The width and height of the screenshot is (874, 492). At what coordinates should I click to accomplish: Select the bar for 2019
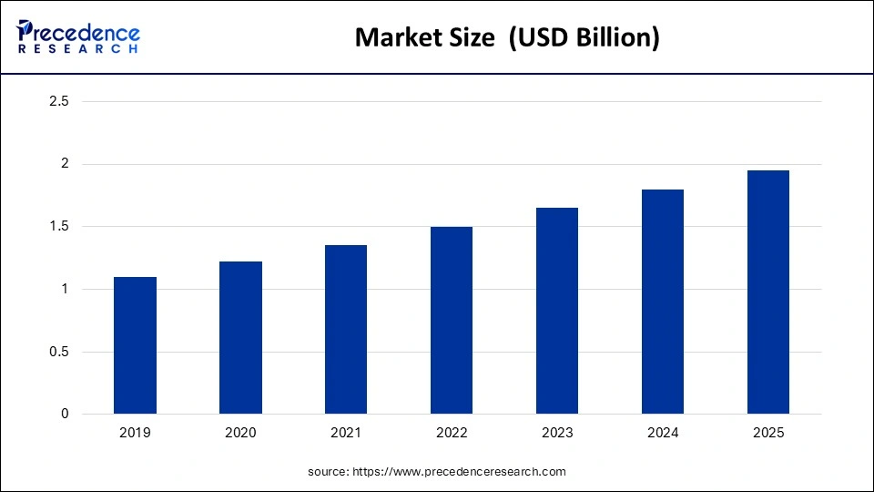click(135, 345)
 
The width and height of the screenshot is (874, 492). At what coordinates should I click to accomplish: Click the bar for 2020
click(240, 338)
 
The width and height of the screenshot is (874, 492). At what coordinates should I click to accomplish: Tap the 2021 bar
click(346, 329)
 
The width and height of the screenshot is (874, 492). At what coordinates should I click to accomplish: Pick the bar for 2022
click(452, 320)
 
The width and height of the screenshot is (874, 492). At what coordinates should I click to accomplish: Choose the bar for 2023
click(557, 311)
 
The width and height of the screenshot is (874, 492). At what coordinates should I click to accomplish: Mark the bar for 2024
click(663, 302)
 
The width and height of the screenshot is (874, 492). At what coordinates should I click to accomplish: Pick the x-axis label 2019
click(135, 434)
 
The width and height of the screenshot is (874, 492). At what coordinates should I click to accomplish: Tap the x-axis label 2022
click(452, 434)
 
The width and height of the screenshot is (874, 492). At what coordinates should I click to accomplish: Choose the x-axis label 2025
click(768, 434)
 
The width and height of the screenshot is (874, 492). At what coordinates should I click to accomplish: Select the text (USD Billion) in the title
click(584, 37)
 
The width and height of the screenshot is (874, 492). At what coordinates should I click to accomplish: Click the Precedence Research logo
click(78, 36)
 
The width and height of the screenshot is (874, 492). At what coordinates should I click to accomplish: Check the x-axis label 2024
click(663, 434)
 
